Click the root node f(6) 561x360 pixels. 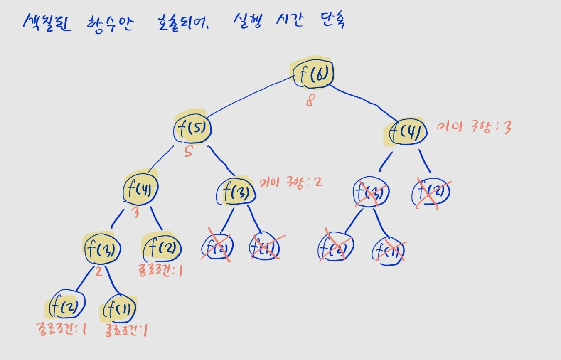(312, 74)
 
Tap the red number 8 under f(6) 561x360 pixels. (309, 101)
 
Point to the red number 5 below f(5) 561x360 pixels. (188, 153)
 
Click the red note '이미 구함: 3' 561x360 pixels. (474, 128)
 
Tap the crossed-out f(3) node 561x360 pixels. (372, 193)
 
